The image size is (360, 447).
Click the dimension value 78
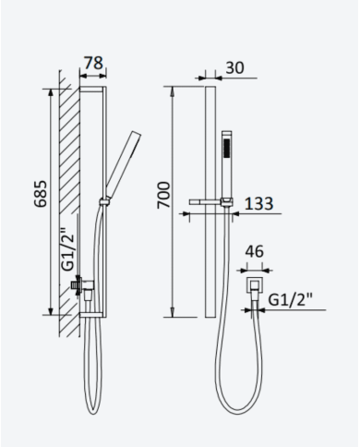click(93, 63)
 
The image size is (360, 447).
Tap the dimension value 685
click(42, 194)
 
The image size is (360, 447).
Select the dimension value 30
click(234, 67)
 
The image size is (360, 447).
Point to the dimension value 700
click(163, 195)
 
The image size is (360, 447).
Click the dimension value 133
click(258, 203)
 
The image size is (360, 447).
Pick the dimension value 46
click(255, 251)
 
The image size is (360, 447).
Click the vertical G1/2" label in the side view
click(68, 249)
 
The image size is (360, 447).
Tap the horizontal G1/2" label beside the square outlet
click(291, 299)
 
